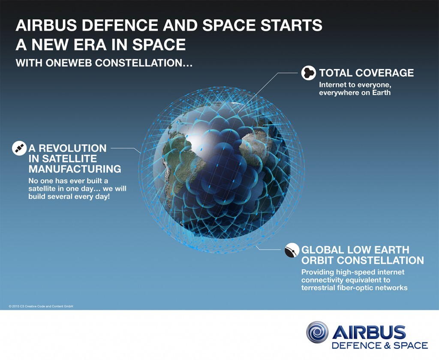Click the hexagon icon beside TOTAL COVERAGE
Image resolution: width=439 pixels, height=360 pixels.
pyautogui.click(x=308, y=73)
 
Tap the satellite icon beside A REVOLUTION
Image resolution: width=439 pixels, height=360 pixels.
pyautogui.click(x=19, y=148)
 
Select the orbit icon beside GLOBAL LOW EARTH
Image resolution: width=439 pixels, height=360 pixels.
pyautogui.click(x=292, y=250)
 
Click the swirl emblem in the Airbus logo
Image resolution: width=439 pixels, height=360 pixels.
pyautogui.click(x=317, y=333)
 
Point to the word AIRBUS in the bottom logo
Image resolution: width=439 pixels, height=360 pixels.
pyautogui.click(x=369, y=332)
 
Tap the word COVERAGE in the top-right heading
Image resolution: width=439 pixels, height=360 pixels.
pyautogui.click(x=383, y=73)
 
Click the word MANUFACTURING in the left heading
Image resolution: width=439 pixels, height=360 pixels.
pyautogui.click(x=75, y=169)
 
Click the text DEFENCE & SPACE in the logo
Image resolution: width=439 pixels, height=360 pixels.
pyautogui.click(x=380, y=345)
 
